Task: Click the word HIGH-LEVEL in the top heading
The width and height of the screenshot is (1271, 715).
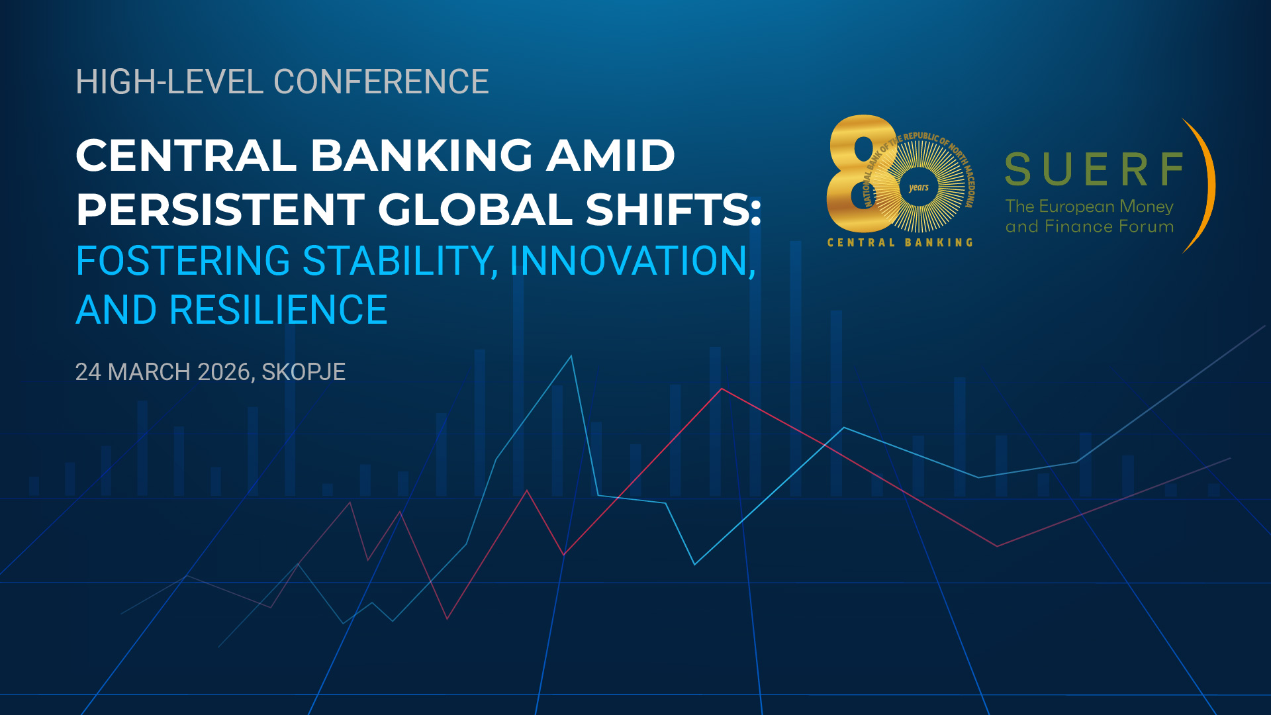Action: point(169,82)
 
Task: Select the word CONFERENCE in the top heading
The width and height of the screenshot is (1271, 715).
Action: point(381,82)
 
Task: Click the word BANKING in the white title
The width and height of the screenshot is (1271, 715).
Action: point(422,156)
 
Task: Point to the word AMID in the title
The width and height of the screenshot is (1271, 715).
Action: point(610,156)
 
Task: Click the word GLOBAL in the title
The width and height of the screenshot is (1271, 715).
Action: point(475,209)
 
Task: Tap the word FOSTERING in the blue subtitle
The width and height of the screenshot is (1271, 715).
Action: point(183,261)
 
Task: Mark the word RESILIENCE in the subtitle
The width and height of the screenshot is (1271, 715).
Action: point(278,310)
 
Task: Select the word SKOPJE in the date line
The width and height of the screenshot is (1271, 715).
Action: point(304,372)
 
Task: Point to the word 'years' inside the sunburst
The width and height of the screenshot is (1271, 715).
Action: point(919,187)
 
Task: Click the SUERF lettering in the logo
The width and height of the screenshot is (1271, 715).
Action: point(1094,169)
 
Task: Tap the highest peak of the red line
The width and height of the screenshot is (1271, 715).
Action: point(722,389)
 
